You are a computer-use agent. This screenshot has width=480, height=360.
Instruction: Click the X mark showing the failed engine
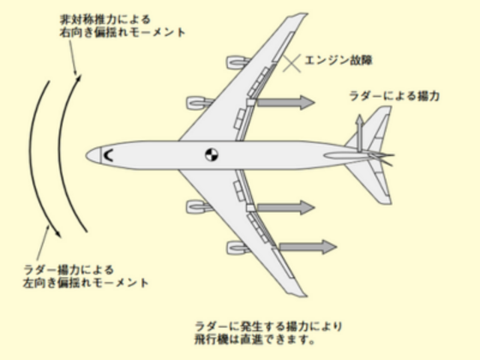(292, 63)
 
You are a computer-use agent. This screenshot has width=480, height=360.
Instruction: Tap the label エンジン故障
(338, 60)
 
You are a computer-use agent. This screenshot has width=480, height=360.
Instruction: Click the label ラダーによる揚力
(394, 96)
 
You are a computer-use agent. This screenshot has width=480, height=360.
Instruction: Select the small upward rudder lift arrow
(360, 133)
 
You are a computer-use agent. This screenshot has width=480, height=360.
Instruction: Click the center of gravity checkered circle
(211, 155)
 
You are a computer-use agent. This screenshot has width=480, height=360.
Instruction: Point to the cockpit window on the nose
(108, 155)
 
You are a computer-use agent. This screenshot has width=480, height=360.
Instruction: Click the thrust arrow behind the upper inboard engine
(286, 102)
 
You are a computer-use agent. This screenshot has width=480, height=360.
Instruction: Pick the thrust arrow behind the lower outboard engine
(307, 247)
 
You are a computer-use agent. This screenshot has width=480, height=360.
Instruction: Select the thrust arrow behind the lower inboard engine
(286, 208)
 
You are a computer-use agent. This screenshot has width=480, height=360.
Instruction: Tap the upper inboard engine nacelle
(199, 103)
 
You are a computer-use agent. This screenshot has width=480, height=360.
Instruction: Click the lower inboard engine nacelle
(199, 207)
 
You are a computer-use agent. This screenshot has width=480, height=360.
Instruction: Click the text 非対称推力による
(105, 19)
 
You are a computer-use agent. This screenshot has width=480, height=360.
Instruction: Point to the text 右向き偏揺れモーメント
(122, 32)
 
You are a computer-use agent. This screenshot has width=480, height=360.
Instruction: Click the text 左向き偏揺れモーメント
(85, 283)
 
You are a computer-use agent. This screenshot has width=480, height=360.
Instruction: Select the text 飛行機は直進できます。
(255, 340)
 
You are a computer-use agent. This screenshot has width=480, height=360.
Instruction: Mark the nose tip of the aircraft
(86, 155)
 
